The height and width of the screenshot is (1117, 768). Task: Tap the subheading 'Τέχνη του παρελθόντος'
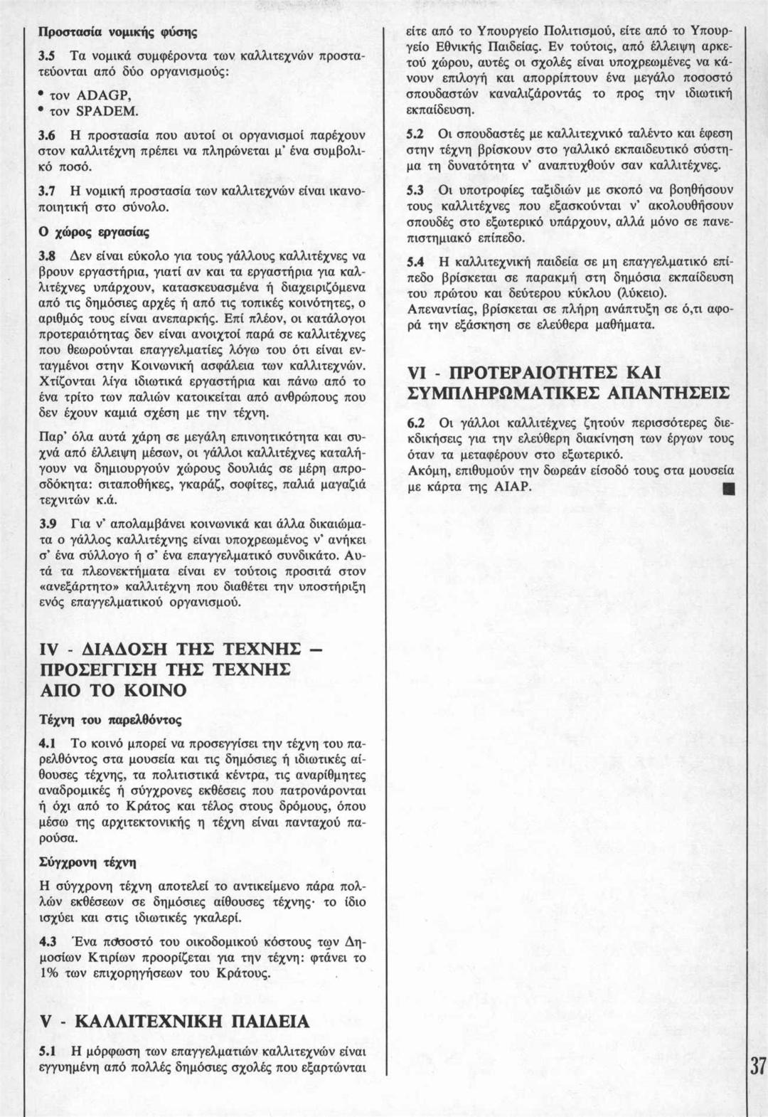pyautogui.click(x=110, y=719)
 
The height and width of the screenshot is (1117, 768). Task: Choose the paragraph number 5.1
pyautogui.click(x=47, y=1050)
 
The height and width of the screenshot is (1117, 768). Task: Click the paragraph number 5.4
pyautogui.click(x=415, y=261)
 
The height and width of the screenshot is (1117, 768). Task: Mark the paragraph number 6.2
pyautogui.click(x=415, y=423)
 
